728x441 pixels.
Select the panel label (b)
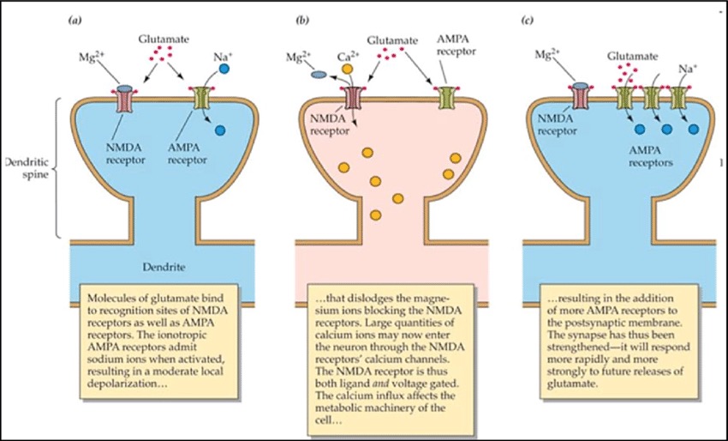[x=301, y=15]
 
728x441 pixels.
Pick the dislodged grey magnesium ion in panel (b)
[x=316, y=75]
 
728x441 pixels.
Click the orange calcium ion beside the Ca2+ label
[x=348, y=68]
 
